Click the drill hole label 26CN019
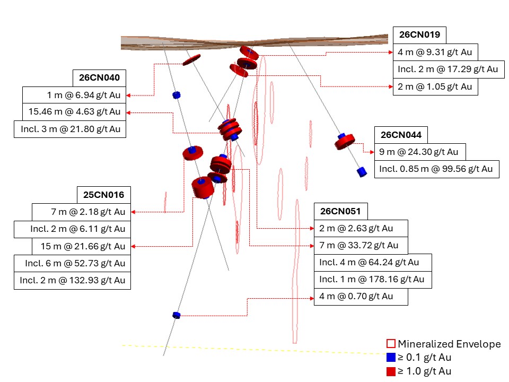419,35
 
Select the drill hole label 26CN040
99,78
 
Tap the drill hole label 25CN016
104,195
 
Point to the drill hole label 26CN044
401,135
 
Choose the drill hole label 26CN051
340,212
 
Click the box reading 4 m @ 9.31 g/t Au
435,52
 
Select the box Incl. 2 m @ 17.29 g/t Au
449,69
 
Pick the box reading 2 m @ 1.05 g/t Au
435,86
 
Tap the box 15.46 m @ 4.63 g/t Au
74,112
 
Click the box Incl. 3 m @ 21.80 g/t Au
70,129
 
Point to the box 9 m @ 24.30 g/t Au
420,152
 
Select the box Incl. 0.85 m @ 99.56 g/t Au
436,169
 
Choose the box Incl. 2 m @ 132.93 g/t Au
73,280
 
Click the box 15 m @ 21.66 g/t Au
82,246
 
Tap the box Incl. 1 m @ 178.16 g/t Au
373,280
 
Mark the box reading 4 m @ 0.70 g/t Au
361,297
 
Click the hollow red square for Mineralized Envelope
391,344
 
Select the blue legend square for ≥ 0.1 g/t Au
391,357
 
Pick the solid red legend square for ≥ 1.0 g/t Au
391,371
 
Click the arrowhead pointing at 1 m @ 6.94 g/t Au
128,95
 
